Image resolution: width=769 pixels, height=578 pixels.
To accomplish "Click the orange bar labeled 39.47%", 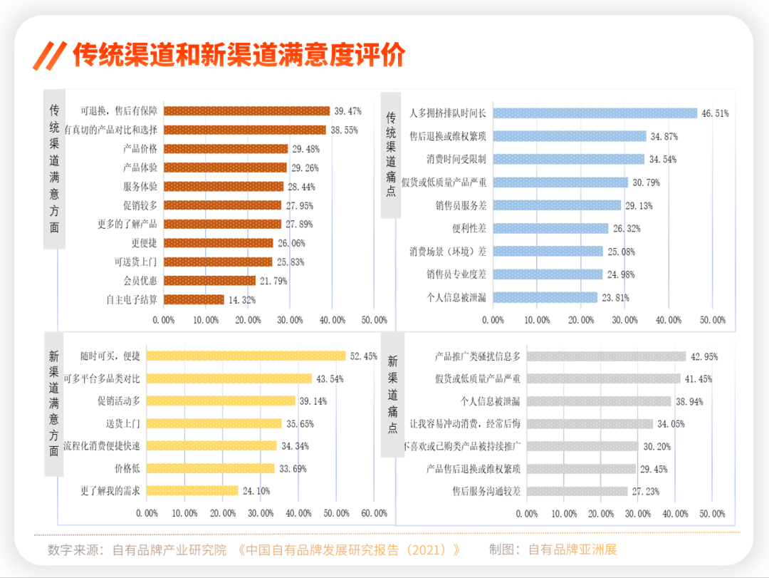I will click(x=246, y=111).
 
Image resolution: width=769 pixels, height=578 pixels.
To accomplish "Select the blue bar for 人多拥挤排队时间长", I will click(x=595, y=113).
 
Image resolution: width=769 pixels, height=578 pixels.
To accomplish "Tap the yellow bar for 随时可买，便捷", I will click(x=245, y=356).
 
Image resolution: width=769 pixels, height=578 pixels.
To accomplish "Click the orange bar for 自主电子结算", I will click(x=194, y=299).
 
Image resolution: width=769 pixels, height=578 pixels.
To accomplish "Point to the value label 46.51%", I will click(x=715, y=113).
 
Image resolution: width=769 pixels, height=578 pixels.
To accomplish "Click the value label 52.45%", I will click(x=363, y=356).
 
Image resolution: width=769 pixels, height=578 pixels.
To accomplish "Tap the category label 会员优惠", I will click(x=140, y=281).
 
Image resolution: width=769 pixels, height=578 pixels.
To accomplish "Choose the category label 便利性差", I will click(x=469, y=229).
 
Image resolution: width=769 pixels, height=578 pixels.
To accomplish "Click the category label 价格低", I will click(x=127, y=468).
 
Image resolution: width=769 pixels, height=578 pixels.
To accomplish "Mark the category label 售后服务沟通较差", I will click(x=486, y=491).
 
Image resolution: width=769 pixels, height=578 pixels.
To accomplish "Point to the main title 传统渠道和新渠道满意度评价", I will click(x=239, y=55).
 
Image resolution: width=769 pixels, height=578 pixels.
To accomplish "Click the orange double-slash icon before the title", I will click(x=51, y=56).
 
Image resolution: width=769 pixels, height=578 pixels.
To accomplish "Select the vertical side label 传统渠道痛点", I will click(x=391, y=153).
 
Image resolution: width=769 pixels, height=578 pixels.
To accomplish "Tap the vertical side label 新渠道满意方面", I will click(x=54, y=402).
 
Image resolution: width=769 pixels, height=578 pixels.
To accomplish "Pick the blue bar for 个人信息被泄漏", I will click(x=545, y=297).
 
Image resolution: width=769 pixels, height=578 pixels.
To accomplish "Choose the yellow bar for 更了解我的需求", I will click(x=192, y=490).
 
